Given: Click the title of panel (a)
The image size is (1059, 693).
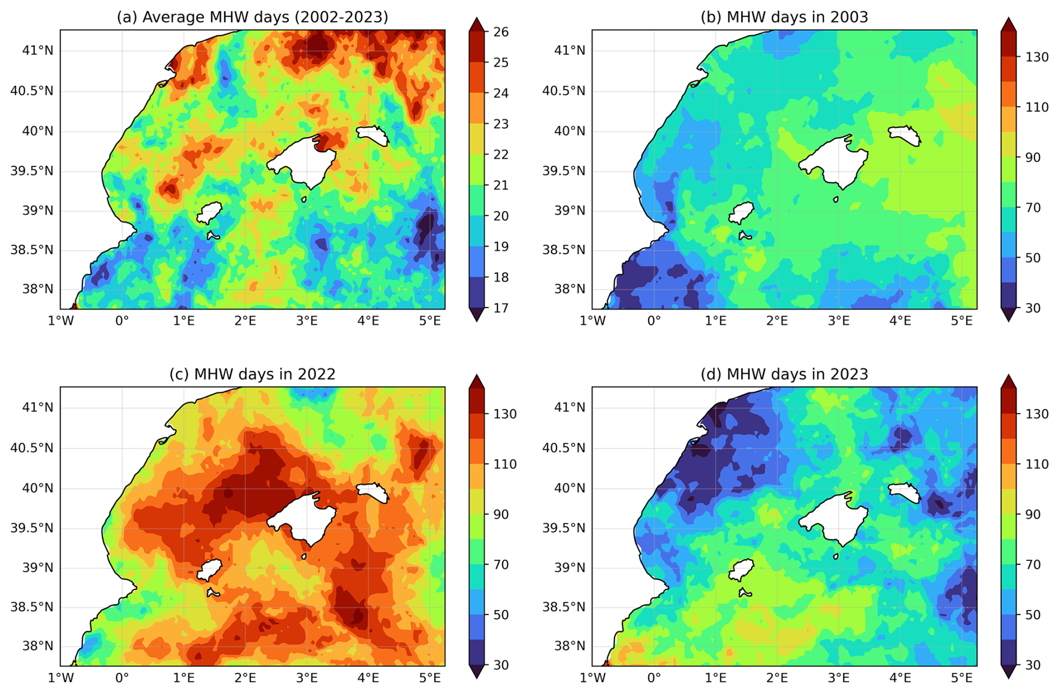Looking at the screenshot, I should tap(252, 17).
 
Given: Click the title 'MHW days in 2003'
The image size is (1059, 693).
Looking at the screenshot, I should tap(784, 17).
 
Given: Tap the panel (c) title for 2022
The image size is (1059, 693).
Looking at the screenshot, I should tap(252, 374).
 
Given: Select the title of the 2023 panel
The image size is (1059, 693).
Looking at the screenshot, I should tap(784, 374).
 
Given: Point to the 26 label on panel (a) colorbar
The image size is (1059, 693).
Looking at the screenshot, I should tap(501, 32).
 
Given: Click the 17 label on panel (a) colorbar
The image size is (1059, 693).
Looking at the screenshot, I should tap(501, 308).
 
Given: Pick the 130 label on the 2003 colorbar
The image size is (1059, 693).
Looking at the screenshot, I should tap(1037, 57).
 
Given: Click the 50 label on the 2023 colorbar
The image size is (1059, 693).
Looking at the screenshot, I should tap(1033, 615).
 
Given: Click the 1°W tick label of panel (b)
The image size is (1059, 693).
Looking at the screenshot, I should tap(592, 321).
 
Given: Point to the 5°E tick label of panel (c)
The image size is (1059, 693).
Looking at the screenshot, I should tap(430, 678).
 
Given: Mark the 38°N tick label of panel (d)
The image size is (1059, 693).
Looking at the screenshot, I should tap(569, 646).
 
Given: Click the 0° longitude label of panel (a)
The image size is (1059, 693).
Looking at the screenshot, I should tap(122, 321).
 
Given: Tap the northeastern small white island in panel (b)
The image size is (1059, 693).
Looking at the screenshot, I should tap(903, 134).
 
